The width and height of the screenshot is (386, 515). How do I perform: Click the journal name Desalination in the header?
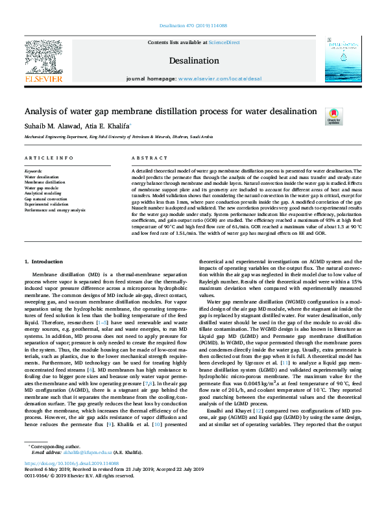pyautogui.click(x=194, y=60)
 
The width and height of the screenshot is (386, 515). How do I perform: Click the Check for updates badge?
pyautogui.click(x=334, y=116)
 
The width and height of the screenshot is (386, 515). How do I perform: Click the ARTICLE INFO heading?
pyautogui.click(x=49, y=158)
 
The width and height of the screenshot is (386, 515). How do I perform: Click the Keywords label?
pyautogui.click(x=33, y=171)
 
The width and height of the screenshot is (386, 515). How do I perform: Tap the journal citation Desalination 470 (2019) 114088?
pyautogui.click(x=193, y=27)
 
